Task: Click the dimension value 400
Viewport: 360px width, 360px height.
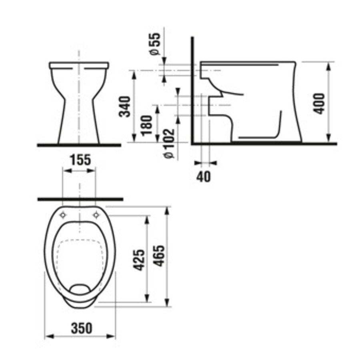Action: point(319,103)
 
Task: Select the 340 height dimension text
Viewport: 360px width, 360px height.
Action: point(126,106)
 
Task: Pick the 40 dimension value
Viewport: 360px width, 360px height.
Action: point(204,176)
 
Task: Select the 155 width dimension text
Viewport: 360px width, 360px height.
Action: point(80,160)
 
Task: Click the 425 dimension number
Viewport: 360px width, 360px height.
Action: point(139,260)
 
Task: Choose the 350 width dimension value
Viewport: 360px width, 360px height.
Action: point(82,328)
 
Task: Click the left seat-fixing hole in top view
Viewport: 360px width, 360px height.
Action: point(62,215)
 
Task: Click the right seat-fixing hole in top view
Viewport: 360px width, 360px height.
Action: point(96,215)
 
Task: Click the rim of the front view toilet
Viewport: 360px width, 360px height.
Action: point(79,64)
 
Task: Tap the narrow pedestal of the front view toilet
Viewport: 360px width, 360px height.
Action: point(79,120)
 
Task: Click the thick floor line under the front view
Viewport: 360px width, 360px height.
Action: point(79,145)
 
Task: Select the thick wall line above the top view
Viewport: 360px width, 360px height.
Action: point(80,199)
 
